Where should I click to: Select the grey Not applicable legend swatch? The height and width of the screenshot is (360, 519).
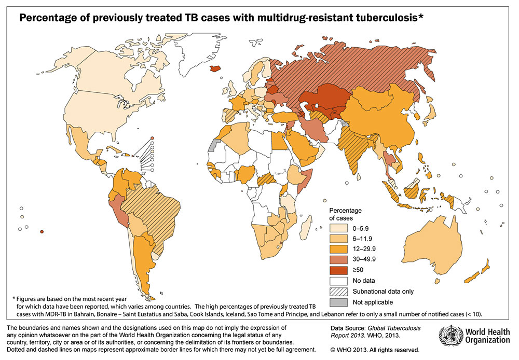point(337,302)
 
